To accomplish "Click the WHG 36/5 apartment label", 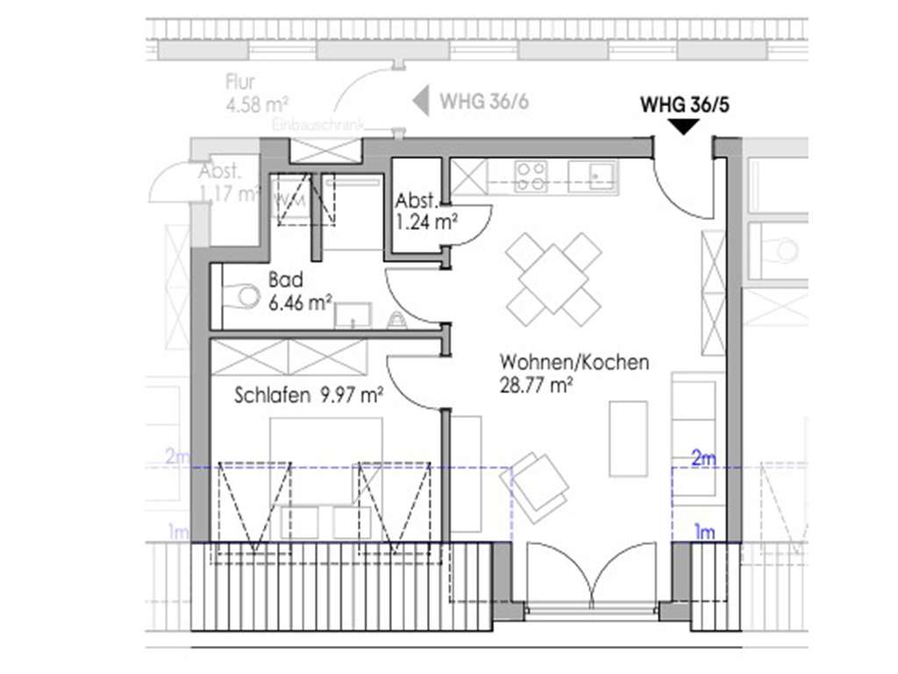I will pyautogui.click(x=685, y=105).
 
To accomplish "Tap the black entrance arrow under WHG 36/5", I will pyautogui.click(x=684, y=127).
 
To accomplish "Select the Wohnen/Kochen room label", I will pyautogui.click(x=574, y=362).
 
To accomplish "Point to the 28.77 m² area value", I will pyautogui.click(x=537, y=384).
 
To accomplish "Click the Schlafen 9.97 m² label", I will pyautogui.click(x=309, y=396).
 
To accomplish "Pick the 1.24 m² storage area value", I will pyautogui.click(x=427, y=222).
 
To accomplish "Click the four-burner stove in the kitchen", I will pyautogui.click(x=530, y=176).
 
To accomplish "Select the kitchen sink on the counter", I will pyautogui.click(x=593, y=175).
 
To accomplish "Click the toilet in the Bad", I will pyautogui.click(x=240, y=297).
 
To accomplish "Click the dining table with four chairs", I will pyautogui.click(x=553, y=278).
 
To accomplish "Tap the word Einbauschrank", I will pyautogui.click(x=317, y=127).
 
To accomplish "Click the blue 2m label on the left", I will pyautogui.click(x=178, y=456).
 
